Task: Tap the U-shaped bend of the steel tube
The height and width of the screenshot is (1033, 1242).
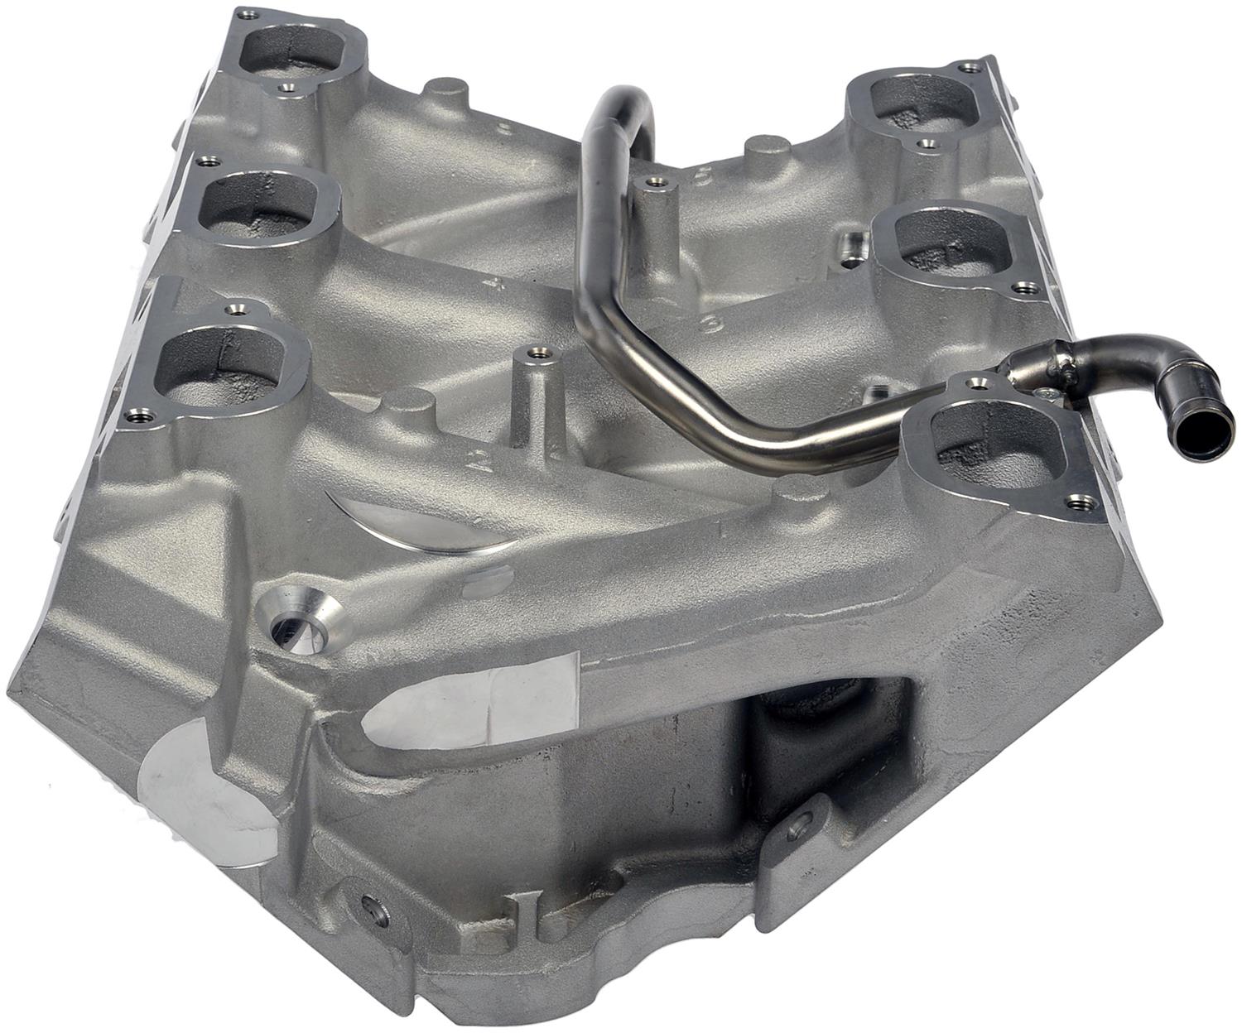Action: pyautogui.click(x=621, y=108)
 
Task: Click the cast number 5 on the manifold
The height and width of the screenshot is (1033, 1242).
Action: pyautogui.click(x=705, y=175)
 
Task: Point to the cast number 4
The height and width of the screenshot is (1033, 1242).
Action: pyautogui.click(x=497, y=285)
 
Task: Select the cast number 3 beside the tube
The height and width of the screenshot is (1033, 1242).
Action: pyautogui.click(x=709, y=325)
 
